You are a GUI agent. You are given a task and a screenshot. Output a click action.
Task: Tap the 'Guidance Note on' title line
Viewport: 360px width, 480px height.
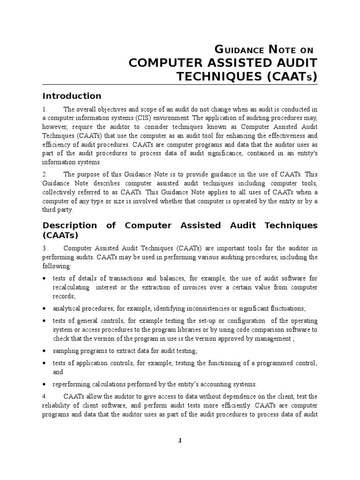266,49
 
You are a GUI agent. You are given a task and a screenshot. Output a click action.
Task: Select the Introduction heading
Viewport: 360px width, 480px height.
72,96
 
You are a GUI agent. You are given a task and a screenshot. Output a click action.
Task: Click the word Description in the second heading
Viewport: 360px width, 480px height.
69,225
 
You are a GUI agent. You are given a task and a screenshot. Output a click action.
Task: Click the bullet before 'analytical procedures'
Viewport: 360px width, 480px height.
44,309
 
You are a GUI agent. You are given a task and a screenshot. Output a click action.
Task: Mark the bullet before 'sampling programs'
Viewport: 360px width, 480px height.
44,351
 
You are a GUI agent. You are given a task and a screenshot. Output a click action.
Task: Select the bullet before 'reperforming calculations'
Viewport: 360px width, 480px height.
44,385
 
